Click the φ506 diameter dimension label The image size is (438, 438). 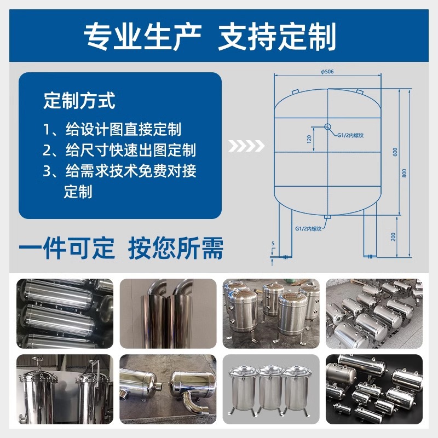point(327,71)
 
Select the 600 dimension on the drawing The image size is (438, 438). point(395,152)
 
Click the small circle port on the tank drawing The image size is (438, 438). point(328,127)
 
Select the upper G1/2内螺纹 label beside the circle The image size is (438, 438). point(354,132)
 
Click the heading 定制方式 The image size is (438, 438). point(79,101)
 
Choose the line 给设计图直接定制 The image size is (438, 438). point(123,130)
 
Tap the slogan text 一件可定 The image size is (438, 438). point(67,248)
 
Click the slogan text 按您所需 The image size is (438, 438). point(176,248)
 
